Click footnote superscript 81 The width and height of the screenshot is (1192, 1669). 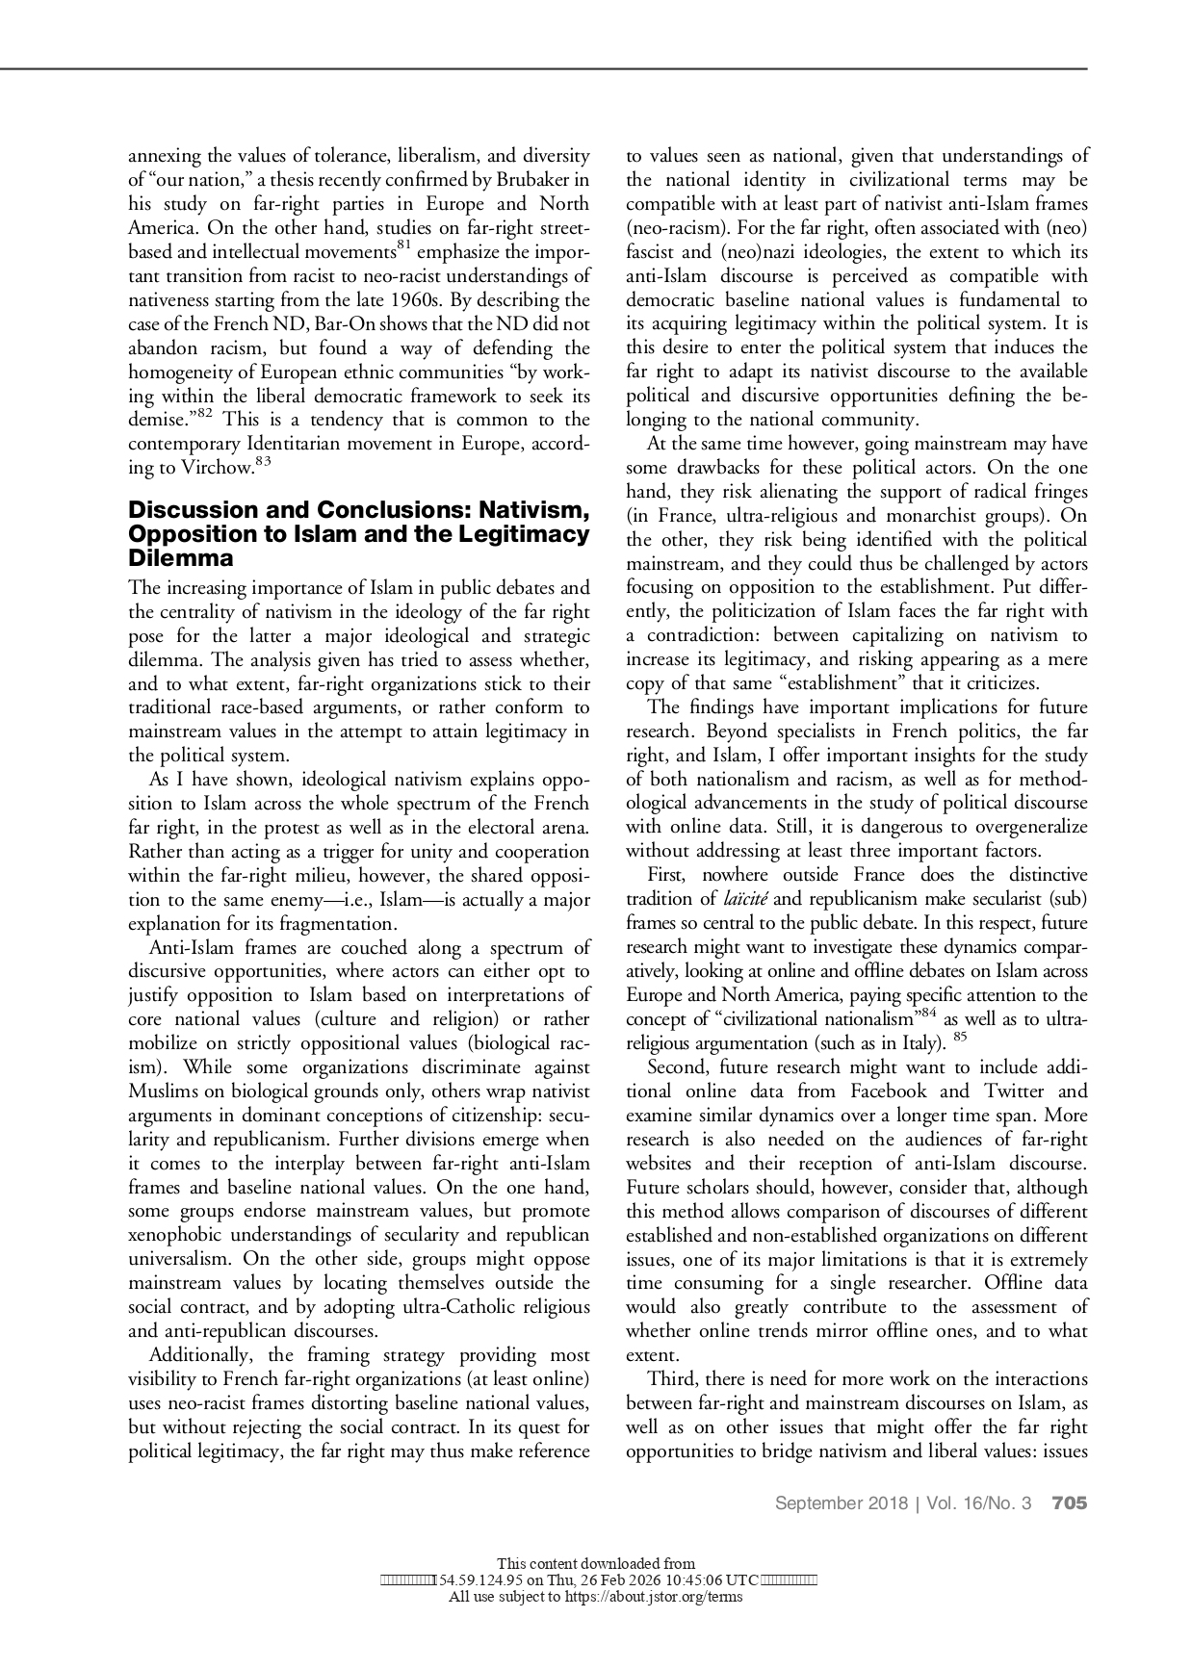[x=405, y=246]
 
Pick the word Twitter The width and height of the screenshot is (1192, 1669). [x=1011, y=1091]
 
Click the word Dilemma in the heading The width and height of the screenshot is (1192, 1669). [x=181, y=559]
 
